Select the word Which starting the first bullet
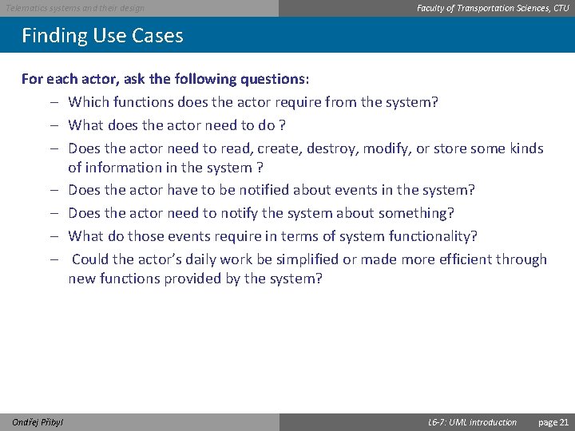88,102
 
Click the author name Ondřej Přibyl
38,422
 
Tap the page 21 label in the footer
553,422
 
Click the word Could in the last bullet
90,259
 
